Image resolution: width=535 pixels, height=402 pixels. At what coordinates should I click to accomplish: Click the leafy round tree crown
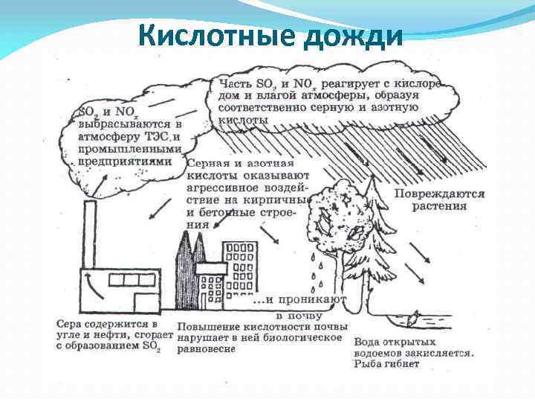pyautogui.click(x=338, y=216)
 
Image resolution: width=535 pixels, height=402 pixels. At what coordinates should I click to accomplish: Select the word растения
pyautogui.click(x=441, y=206)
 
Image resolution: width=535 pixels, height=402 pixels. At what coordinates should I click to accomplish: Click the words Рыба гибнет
pyautogui.click(x=386, y=364)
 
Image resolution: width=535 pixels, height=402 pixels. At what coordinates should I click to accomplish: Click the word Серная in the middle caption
pyautogui.click(x=210, y=163)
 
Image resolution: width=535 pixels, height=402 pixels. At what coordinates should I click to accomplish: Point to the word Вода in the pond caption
pyautogui.click(x=366, y=342)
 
